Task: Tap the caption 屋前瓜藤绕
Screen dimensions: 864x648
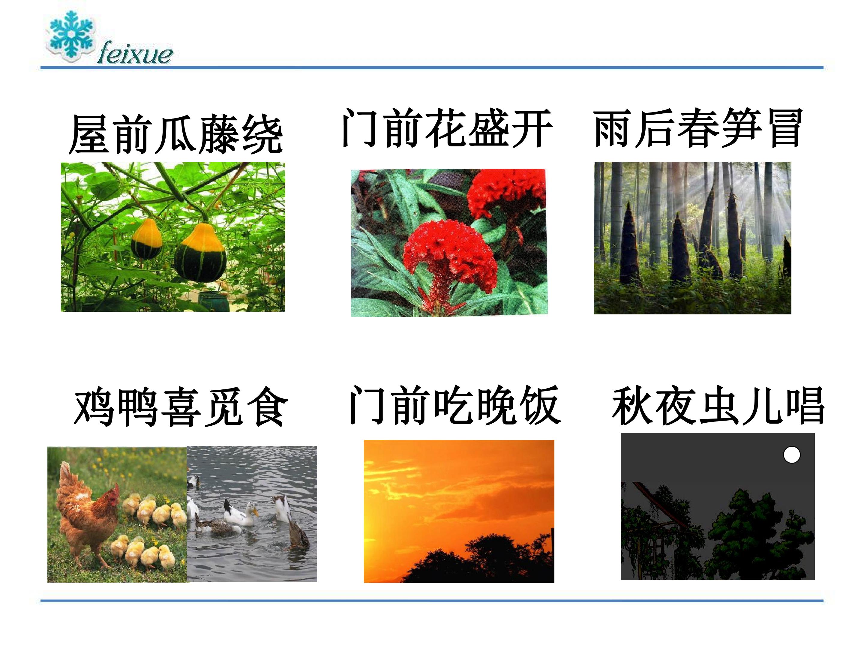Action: click(176, 134)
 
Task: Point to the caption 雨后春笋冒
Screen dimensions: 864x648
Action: click(698, 128)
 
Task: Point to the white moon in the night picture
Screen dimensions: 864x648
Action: click(792, 455)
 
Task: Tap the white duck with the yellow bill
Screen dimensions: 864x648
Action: click(241, 513)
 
